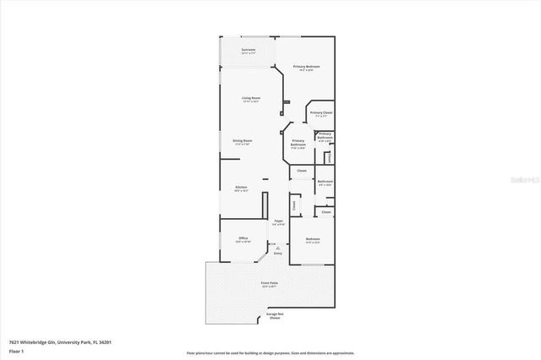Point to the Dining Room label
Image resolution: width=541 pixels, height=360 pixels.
coord(243,142)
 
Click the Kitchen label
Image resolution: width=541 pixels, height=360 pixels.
coord(241,188)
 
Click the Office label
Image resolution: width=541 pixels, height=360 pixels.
coord(243,239)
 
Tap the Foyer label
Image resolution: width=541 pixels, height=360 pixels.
coord(278,222)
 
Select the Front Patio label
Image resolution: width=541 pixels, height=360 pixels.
coord(270,284)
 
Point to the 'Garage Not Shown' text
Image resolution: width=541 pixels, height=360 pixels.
coord(274,316)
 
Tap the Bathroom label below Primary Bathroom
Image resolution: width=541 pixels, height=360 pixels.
coord(325,183)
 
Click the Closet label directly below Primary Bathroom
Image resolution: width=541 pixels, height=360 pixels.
coord(302,171)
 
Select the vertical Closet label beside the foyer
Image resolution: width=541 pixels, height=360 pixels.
coord(294,205)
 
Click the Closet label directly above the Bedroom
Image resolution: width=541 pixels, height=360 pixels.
coord(326,212)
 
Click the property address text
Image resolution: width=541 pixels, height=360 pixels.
coord(60,342)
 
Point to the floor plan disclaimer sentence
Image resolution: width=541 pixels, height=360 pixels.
coord(270,354)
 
